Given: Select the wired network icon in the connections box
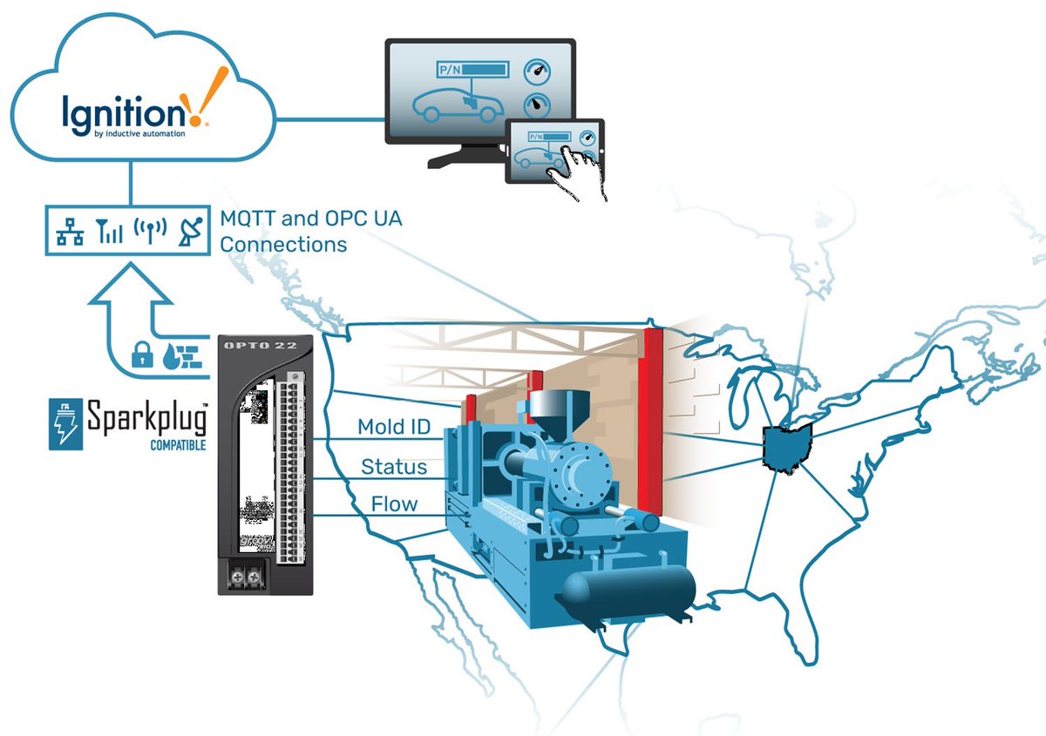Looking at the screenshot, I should (x=66, y=231).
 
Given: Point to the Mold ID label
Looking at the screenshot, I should (x=393, y=427).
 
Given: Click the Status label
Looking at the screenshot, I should (x=394, y=467).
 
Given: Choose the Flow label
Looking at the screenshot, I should (x=394, y=503).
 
